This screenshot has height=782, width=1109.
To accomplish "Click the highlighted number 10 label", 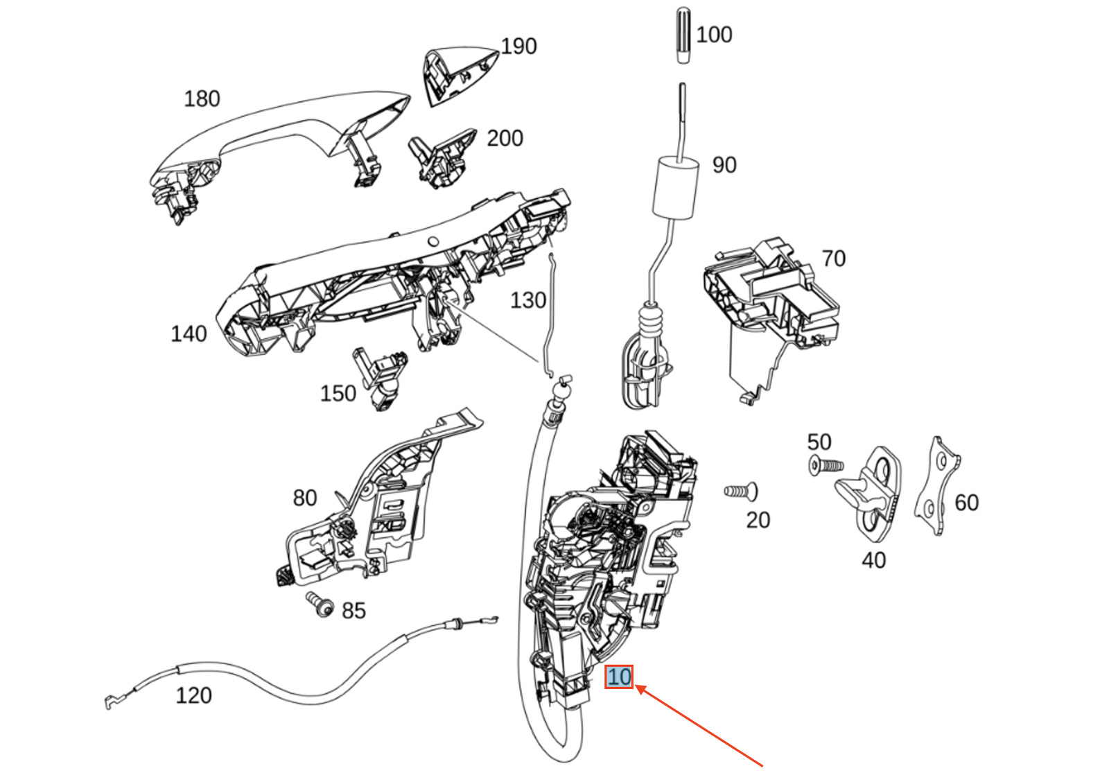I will point(619,677).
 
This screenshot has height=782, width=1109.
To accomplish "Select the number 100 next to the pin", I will point(713,34).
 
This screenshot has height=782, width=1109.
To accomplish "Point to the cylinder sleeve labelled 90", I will point(674,186).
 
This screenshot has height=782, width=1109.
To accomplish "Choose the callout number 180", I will point(202,98).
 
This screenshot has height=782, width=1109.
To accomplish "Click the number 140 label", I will point(189,333).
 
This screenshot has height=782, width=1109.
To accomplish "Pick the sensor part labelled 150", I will point(380,378).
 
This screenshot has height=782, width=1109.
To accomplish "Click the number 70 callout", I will point(833,259).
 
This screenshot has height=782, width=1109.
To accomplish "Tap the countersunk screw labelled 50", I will point(825,465).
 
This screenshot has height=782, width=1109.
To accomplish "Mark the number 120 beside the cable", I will point(193,695).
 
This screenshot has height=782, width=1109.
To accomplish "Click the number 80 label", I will point(304,498).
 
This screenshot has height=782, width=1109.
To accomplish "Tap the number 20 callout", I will point(758,520).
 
